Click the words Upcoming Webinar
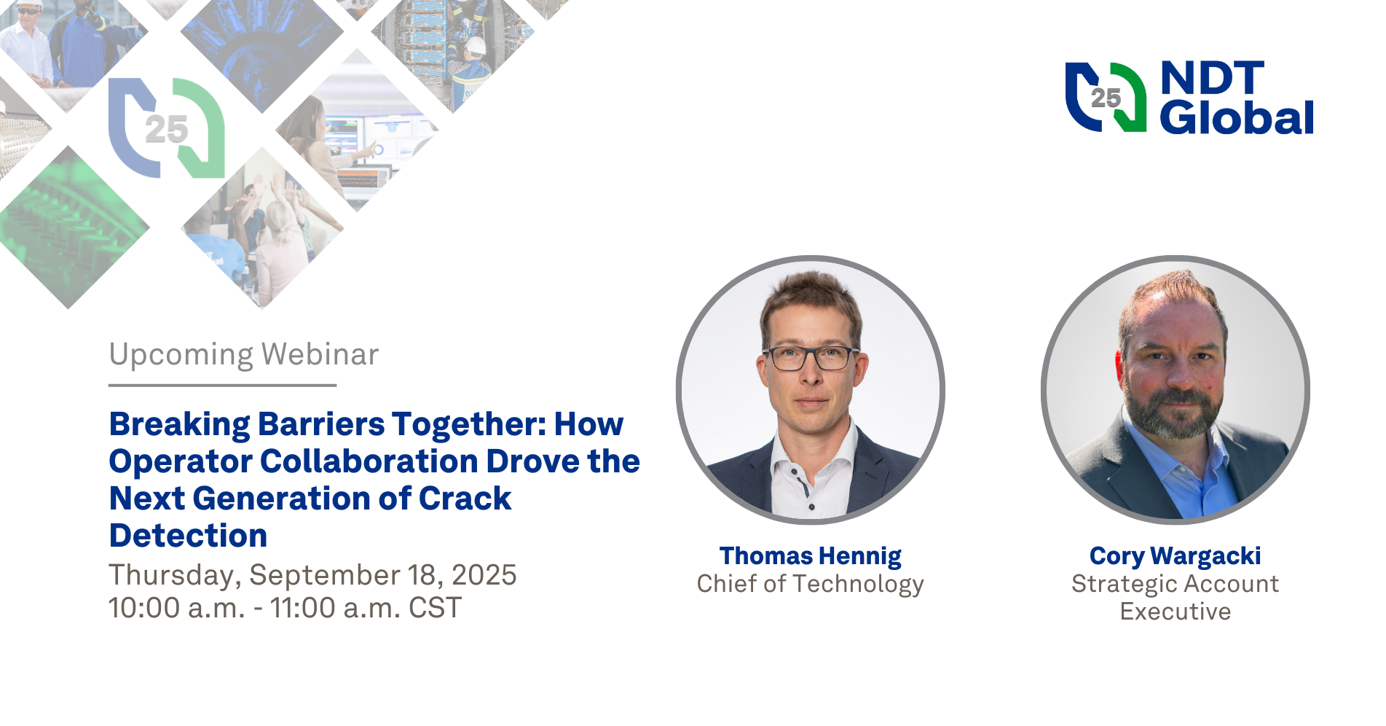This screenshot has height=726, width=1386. (x=243, y=355)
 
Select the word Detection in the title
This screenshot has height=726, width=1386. (x=188, y=536)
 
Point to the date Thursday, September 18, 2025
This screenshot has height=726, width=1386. (x=312, y=575)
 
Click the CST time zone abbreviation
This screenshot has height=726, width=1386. (x=435, y=608)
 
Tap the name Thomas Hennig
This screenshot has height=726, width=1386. (x=810, y=556)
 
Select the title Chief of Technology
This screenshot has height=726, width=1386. (x=810, y=584)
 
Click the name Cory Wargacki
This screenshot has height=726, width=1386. (x=1175, y=556)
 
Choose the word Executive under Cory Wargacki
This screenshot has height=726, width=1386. (x=1175, y=612)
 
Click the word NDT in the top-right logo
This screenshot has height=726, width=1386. (x=1212, y=79)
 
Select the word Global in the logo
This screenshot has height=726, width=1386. (x=1236, y=118)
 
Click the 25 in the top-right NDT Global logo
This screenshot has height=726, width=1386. (x=1105, y=98)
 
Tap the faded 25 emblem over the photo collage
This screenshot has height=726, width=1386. (x=166, y=130)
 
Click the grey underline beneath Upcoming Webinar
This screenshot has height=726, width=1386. (x=222, y=385)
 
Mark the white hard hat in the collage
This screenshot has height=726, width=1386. (x=475, y=46)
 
